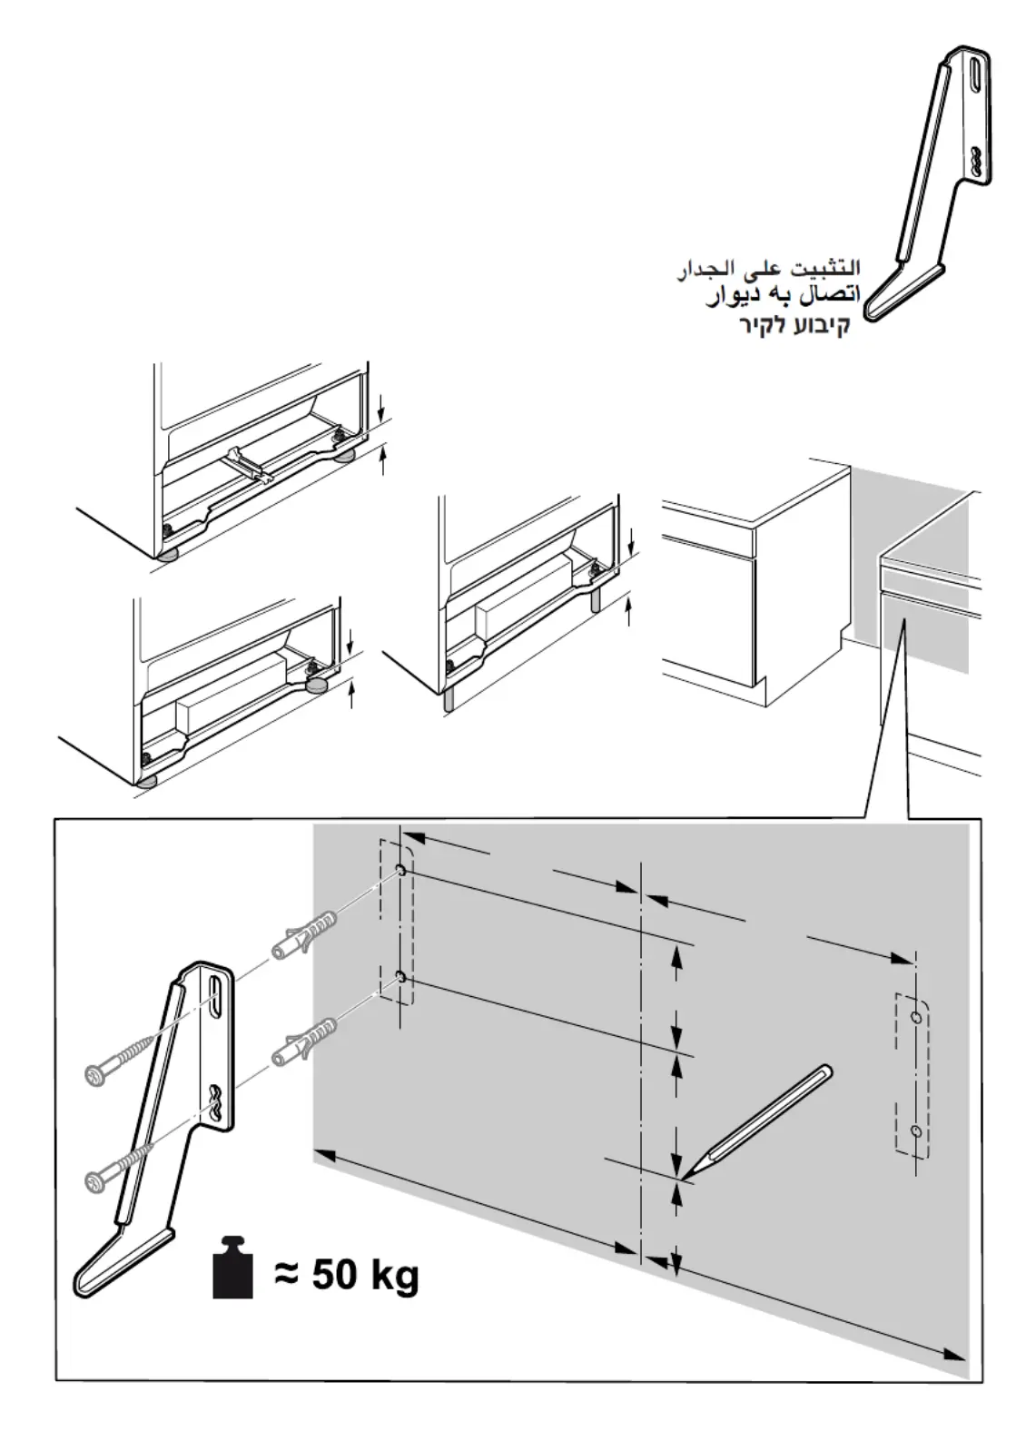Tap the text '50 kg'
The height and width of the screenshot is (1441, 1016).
365,1275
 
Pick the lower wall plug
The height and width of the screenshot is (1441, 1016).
306,1043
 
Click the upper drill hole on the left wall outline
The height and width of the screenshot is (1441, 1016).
399,871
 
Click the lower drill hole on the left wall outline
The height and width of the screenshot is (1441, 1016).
399,978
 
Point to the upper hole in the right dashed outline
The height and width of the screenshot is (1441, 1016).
916,1018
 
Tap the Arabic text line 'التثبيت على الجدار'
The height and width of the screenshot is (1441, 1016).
768,269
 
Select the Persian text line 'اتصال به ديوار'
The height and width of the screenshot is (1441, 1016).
782,297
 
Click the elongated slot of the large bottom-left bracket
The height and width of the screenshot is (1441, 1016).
215,999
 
